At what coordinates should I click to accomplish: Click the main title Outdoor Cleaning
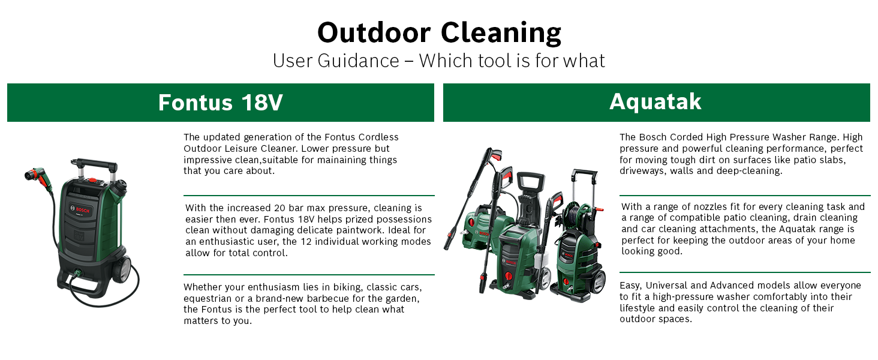click(439, 32)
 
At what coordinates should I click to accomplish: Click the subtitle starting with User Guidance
click(439, 61)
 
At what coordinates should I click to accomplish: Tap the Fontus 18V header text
click(220, 103)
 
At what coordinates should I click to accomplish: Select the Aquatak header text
click(656, 102)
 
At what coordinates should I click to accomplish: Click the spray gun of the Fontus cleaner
click(37, 175)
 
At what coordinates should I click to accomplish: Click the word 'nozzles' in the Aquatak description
click(699, 207)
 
